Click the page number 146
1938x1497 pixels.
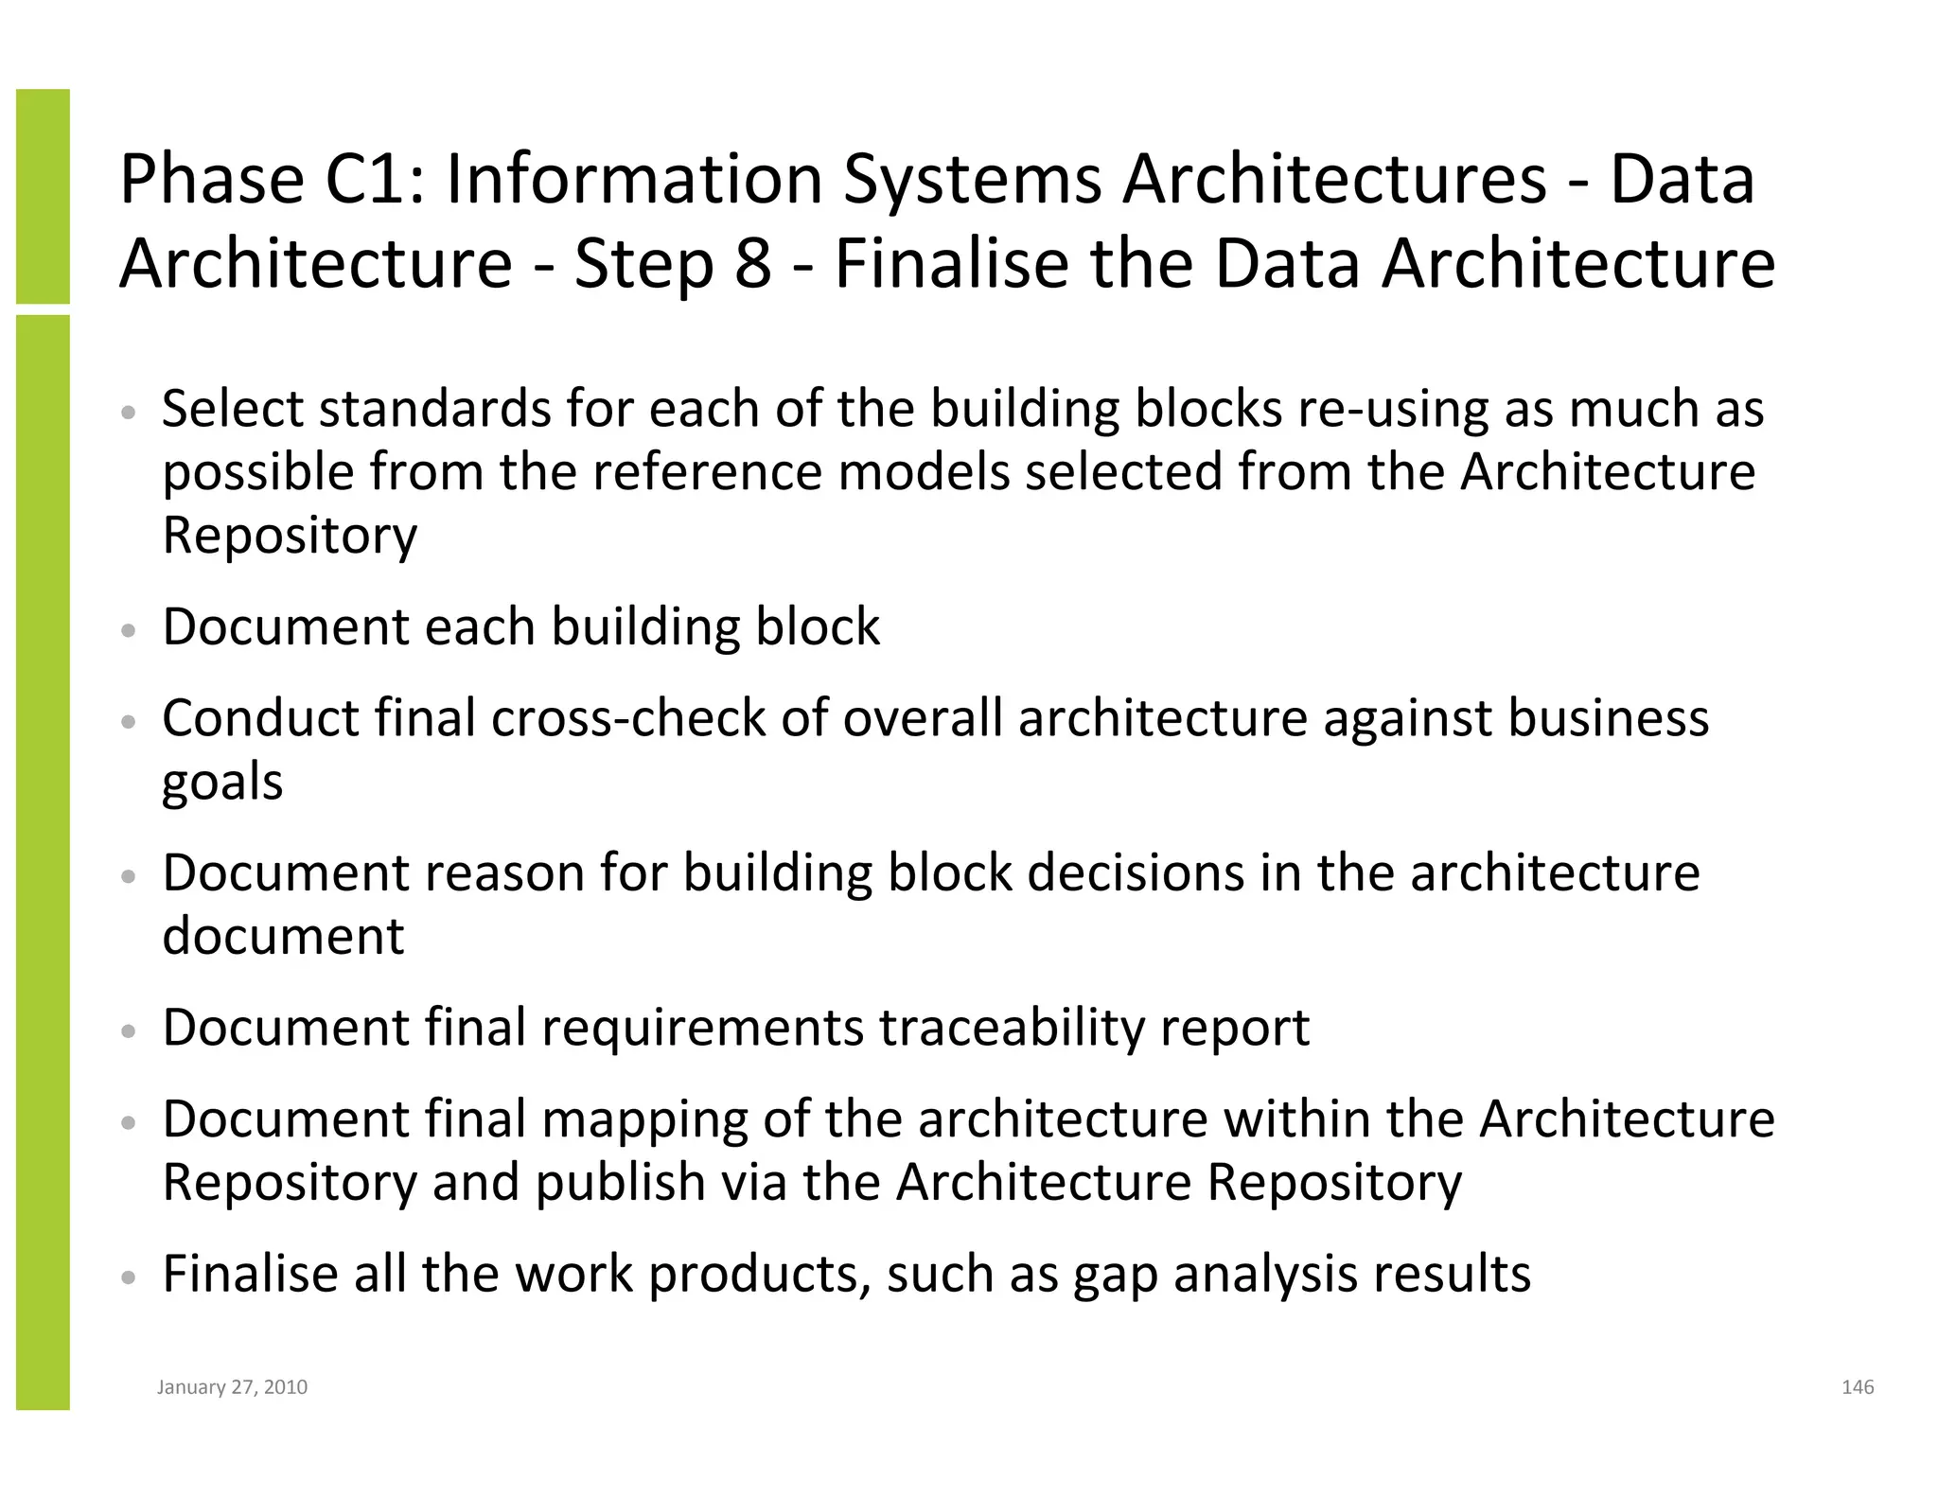pyautogui.click(x=1857, y=1387)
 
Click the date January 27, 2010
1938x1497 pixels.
pyautogui.click(x=232, y=1387)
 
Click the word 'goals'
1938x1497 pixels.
pyautogui.click(x=222, y=783)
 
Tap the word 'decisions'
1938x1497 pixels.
pyautogui.click(x=1136, y=872)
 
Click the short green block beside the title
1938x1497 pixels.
pyautogui.click(x=43, y=196)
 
